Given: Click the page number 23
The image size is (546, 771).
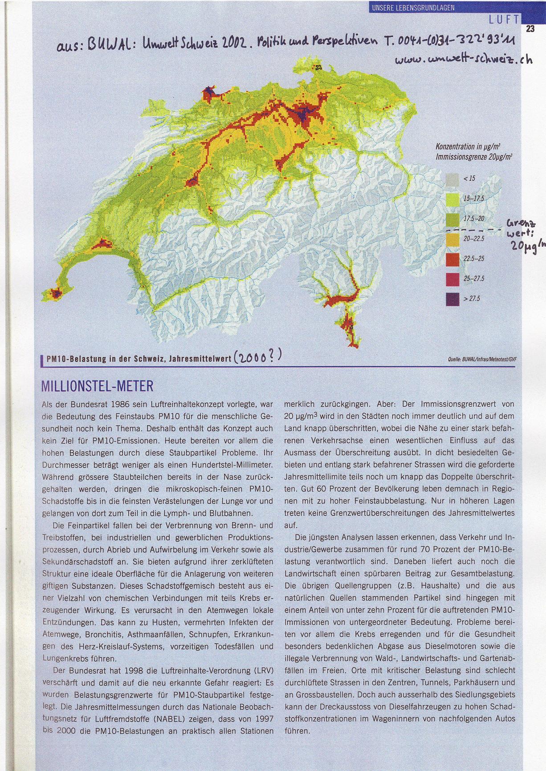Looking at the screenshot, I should coord(530,29).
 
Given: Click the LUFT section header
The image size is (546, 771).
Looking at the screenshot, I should coord(504,19).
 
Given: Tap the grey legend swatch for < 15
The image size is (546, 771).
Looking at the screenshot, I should coord(452,179).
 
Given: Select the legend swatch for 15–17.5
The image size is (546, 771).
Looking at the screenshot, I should coord(452,199).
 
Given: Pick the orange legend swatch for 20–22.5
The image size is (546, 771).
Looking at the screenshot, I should coord(452,239).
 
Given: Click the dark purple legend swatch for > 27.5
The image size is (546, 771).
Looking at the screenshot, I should coord(452,299).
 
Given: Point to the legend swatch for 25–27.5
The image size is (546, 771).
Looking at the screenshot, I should coord(452,279).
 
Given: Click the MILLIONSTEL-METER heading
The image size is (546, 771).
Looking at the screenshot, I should coord(98,385).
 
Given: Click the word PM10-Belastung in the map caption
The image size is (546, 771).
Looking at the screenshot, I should coord(69,360).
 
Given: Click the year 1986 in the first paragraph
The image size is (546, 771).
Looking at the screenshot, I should coord(121,405).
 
